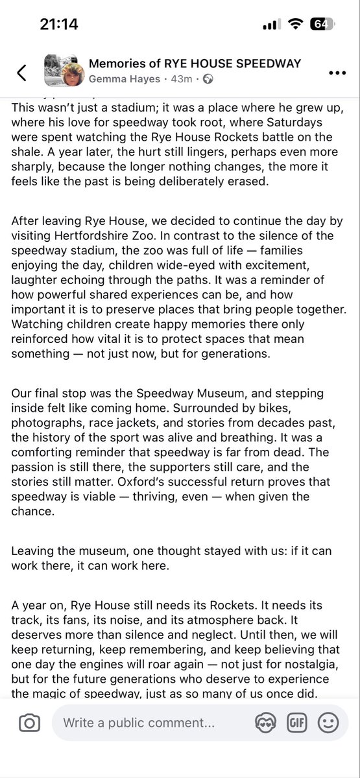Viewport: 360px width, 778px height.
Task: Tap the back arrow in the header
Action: (21, 73)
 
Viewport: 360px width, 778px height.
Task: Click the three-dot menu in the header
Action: (337, 73)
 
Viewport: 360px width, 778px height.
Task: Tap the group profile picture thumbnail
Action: (62, 71)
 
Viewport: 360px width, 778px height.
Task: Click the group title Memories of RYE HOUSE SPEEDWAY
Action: (195, 64)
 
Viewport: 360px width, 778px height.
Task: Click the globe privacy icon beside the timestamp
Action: (208, 79)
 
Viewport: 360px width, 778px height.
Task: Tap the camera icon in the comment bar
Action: (29, 723)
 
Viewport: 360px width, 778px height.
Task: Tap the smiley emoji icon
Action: (328, 723)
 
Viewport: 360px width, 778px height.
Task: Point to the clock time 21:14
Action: (59, 24)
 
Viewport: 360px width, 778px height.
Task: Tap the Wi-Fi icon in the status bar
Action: (296, 24)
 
